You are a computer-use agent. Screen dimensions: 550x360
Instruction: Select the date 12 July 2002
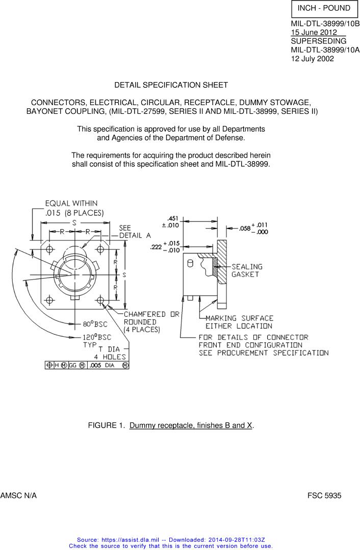[x=313, y=58]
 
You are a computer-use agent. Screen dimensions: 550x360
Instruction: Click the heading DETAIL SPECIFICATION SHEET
[x=171, y=85]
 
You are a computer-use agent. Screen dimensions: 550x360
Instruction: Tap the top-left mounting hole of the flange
[x=50, y=249]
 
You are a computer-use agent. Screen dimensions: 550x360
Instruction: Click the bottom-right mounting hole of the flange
[x=100, y=299]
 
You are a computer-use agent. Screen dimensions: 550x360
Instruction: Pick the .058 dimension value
[x=245, y=229]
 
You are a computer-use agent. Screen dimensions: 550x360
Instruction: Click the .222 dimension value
[x=156, y=247]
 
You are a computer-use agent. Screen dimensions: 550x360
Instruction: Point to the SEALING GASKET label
[x=247, y=270]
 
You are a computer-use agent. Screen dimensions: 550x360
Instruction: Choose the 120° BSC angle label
[x=97, y=337]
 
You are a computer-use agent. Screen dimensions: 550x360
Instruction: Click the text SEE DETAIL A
[x=135, y=232]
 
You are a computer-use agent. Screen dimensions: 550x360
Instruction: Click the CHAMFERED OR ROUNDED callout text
[x=151, y=322]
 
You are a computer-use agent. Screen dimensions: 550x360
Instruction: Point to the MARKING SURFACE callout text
[x=239, y=322]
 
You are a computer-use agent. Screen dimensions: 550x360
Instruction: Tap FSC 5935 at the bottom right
[x=324, y=495]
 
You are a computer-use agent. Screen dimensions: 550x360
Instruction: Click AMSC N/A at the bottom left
[x=18, y=495]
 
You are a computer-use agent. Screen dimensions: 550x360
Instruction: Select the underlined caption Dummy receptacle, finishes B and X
[x=191, y=425]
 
